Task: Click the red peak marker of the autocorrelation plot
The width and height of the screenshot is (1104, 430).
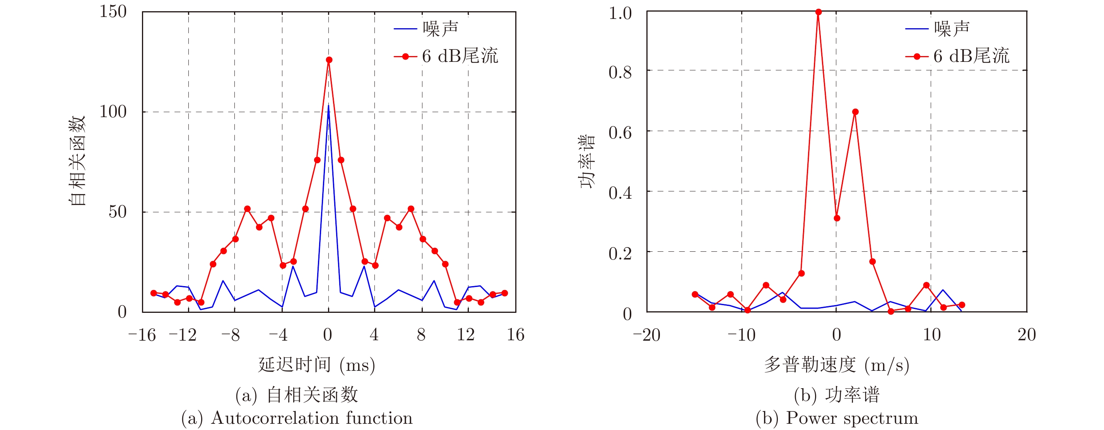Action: [x=329, y=60]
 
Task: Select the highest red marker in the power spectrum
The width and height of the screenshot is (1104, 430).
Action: [x=819, y=12]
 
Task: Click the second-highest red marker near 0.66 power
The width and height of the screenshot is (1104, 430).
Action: [x=855, y=112]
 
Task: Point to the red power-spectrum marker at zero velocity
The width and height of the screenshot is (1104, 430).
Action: [x=837, y=218]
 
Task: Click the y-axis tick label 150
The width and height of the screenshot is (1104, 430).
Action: [x=113, y=12]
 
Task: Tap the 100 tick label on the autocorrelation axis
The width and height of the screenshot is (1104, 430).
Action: [x=113, y=112]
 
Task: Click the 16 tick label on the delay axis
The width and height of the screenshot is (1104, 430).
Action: [x=515, y=335]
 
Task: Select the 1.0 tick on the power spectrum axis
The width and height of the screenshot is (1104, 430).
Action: [x=620, y=13]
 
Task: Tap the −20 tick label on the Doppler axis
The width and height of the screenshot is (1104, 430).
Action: [x=647, y=335]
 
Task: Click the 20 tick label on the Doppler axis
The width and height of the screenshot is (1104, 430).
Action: [x=1026, y=335]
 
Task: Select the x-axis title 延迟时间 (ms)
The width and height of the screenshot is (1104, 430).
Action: [x=317, y=365]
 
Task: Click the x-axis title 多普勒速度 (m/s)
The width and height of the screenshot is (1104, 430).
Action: [x=836, y=365]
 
